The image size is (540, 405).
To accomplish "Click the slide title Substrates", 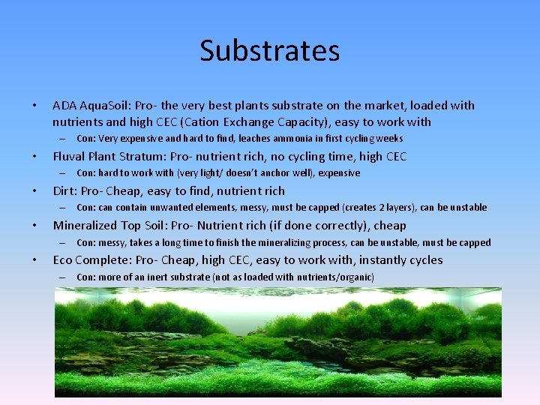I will coord(270,51).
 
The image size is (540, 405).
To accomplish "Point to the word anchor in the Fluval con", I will coord(269,173).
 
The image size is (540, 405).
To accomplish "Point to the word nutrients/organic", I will coord(339,277).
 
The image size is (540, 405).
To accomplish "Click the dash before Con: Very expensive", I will coord(61,139).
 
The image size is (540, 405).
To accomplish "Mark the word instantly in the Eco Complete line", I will coord(382,260).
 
